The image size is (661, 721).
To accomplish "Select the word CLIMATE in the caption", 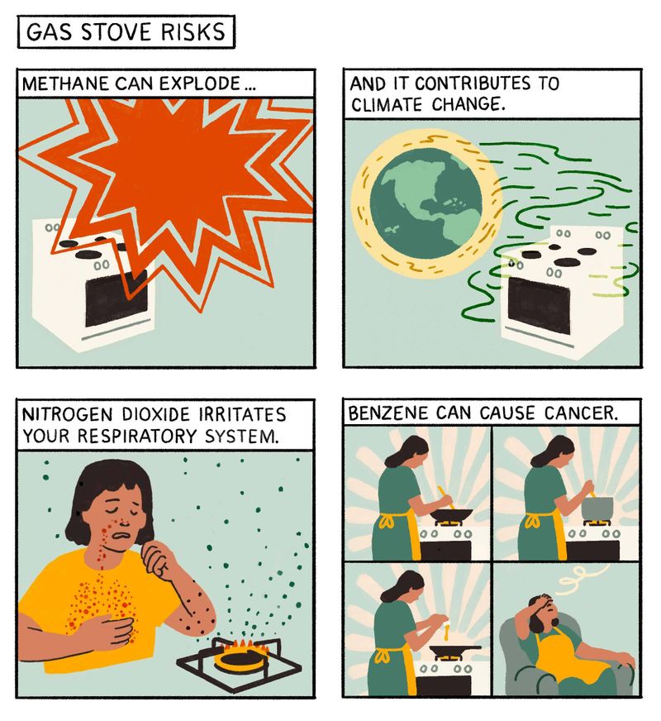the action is pos(386,105).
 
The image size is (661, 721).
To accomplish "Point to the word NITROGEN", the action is pos(67,414).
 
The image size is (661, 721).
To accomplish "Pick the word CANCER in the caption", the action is pos(581,413).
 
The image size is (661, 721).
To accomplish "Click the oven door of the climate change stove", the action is pos(539,306).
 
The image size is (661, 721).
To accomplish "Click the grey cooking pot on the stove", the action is pos(597,508).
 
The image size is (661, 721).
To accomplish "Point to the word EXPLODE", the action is pos(201,84).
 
